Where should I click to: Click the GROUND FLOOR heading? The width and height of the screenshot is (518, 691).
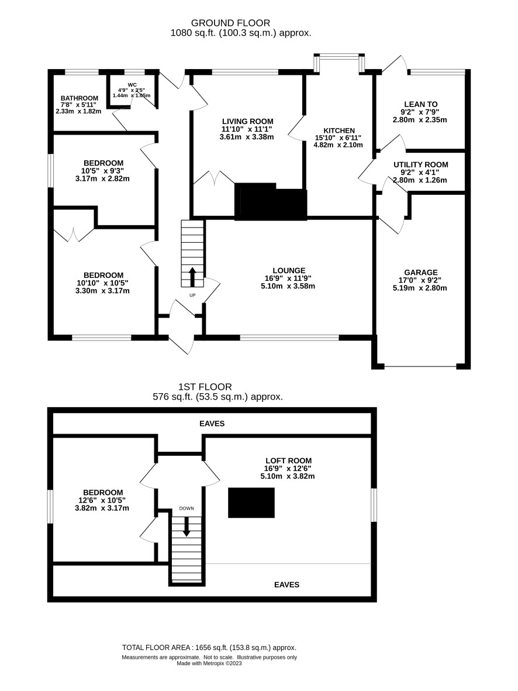tap(230, 23)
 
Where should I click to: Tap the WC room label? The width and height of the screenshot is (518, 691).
tap(132, 85)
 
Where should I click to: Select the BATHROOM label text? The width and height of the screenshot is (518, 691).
tap(80, 98)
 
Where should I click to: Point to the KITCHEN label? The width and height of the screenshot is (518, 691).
tap(339, 131)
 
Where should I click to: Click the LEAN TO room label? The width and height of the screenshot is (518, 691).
tap(420, 105)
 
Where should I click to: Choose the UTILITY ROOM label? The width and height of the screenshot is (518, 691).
tap(420, 165)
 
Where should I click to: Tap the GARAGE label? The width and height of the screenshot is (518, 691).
tap(420, 273)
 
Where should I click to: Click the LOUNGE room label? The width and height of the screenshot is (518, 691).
tap(288, 270)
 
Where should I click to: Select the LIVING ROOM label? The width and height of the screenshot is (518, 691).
tap(247, 122)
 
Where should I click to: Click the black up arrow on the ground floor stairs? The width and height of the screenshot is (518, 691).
tap(192, 276)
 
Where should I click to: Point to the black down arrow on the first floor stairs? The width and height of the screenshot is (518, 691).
tap(187, 527)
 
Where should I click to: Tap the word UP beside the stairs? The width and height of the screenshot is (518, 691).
tap(192, 295)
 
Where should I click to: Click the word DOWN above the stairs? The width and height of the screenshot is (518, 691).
tap(187, 508)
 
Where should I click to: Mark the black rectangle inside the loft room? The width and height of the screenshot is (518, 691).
tap(251, 503)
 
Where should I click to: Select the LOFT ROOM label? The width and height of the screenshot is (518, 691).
tap(288, 461)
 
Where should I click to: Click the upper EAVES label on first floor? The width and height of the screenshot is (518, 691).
tap(212, 424)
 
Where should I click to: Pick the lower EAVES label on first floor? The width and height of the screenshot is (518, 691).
tap(286, 585)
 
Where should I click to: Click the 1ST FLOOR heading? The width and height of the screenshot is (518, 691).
tap(205, 387)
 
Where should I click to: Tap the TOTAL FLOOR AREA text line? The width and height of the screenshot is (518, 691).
tap(209, 648)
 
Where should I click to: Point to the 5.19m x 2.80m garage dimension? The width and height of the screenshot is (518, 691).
tap(420, 288)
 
